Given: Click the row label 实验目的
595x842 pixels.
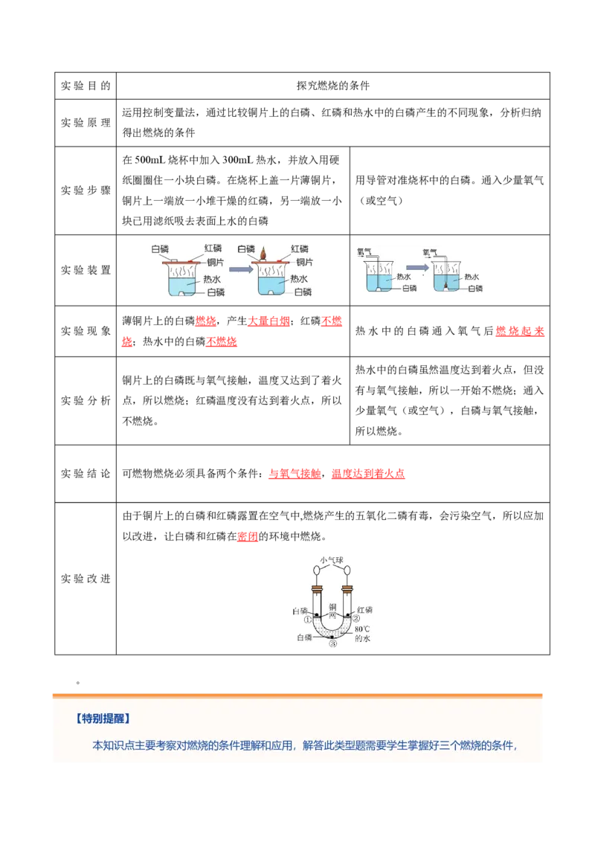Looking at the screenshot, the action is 86,86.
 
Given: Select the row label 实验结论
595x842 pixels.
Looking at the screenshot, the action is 86,474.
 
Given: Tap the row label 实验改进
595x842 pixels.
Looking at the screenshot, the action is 86,579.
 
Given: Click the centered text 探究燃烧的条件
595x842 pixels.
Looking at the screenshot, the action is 333,86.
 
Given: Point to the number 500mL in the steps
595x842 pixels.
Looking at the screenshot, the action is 150,160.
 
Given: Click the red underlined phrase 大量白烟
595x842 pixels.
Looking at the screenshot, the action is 268,321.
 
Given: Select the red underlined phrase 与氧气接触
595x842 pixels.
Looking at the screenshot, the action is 295,474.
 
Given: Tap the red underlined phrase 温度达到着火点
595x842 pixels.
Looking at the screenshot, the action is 368,474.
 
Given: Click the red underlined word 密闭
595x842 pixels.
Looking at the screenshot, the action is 248,536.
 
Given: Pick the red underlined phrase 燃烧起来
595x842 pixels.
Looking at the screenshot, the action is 520,331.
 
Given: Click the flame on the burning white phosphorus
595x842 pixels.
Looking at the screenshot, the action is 263,253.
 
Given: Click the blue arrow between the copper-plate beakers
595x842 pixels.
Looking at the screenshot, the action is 241,269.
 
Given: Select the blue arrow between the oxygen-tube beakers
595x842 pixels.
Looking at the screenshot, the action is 416,268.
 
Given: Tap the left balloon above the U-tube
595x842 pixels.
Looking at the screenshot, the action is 318,571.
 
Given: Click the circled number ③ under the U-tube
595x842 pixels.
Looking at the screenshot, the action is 333,643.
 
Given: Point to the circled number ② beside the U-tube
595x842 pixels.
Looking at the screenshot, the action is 356,619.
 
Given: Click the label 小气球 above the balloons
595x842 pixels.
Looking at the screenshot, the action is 332,560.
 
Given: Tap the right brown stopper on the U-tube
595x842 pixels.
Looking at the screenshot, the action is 347,590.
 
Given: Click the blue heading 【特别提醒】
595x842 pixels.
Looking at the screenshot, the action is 103,719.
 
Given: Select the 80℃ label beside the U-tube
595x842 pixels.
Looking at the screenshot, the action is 362,629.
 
